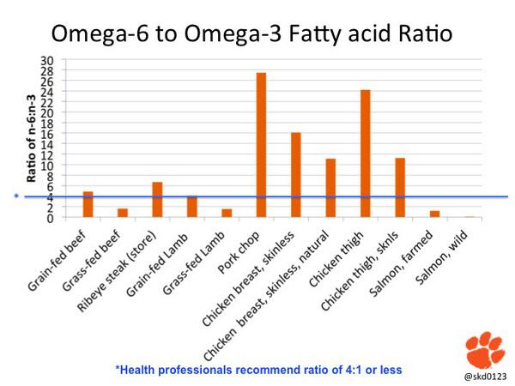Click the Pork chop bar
tap(261, 145)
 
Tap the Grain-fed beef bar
tap(88, 204)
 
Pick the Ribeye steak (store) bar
tap(157, 200)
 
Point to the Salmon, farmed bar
tap(434, 214)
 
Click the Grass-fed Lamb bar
tap(227, 213)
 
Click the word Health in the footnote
tap(139, 370)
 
